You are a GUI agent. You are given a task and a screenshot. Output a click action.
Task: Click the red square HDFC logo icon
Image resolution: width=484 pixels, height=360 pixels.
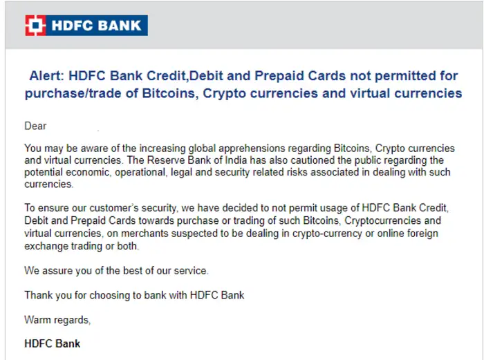[35, 26]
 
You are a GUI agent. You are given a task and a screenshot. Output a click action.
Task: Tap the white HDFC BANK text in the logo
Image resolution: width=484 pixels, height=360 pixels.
[95, 26]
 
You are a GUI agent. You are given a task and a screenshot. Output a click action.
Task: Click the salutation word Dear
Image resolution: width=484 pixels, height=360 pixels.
[35, 126]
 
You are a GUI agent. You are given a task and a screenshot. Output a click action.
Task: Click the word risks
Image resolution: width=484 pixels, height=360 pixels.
[309, 173]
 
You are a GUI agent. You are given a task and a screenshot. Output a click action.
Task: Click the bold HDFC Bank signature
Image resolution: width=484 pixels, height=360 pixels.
[53, 343]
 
